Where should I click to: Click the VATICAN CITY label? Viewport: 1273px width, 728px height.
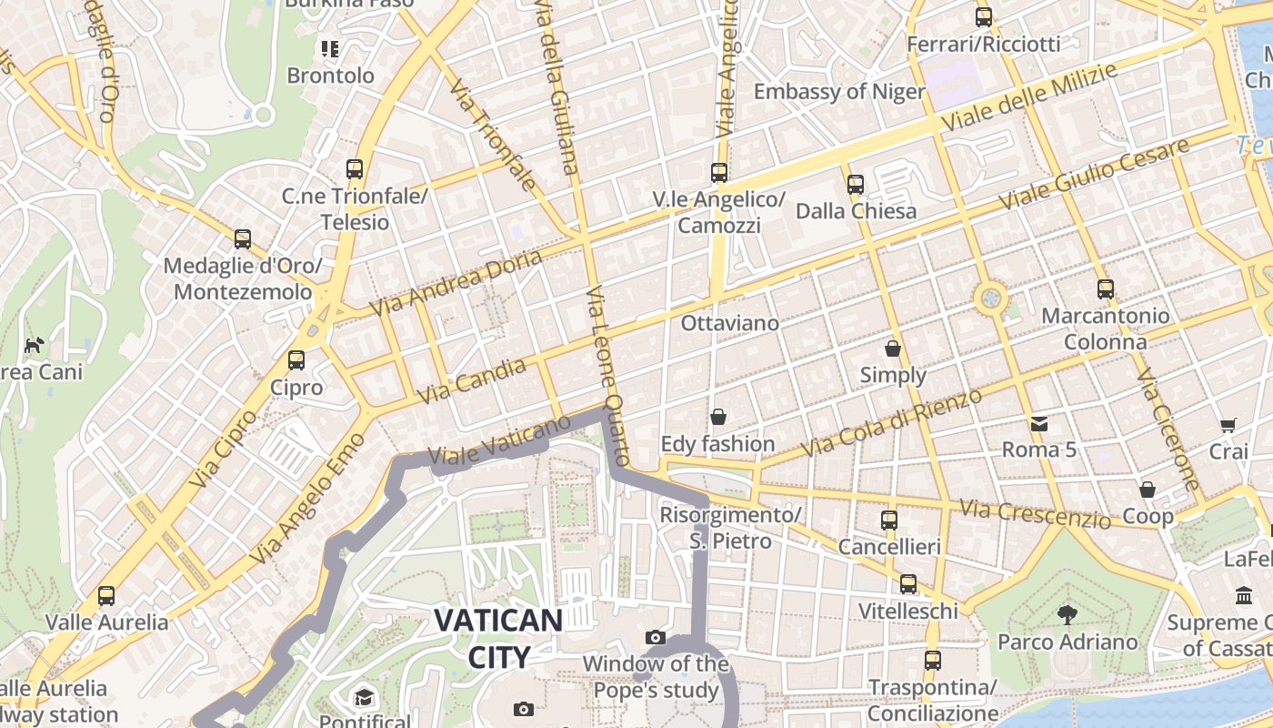pyautogui.click(x=498, y=638)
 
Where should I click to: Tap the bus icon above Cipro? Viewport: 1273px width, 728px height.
pyautogui.click(x=296, y=360)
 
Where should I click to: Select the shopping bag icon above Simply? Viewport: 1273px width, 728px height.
pyautogui.click(x=893, y=349)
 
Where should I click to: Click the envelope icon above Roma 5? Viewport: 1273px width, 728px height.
pyautogui.click(x=1038, y=423)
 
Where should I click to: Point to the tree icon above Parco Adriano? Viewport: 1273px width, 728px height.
pyautogui.click(x=1068, y=615)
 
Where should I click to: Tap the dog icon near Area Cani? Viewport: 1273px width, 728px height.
pyautogui.click(x=34, y=345)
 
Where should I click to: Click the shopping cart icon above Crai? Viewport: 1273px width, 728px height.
pyautogui.click(x=1228, y=425)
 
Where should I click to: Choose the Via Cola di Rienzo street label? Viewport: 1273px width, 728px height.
pyautogui.click(x=892, y=424)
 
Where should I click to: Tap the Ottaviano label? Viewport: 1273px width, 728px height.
pyautogui.click(x=730, y=323)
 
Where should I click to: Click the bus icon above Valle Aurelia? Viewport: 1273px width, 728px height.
pyautogui.click(x=106, y=596)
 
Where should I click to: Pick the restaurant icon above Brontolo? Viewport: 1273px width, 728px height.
pyautogui.click(x=329, y=48)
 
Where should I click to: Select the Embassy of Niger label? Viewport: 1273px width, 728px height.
pyautogui.click(x=838, y=92)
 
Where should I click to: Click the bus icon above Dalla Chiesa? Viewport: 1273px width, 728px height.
pyautogui.click(x=856, y=185)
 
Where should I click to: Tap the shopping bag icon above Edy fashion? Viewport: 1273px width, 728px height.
pyautogui.click(x=718, y=417)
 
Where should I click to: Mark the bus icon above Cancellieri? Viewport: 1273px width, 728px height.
pyautogui.click(x=889, y=521)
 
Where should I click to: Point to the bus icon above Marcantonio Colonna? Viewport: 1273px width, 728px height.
pyautogui.click(x=1106, y=289)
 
